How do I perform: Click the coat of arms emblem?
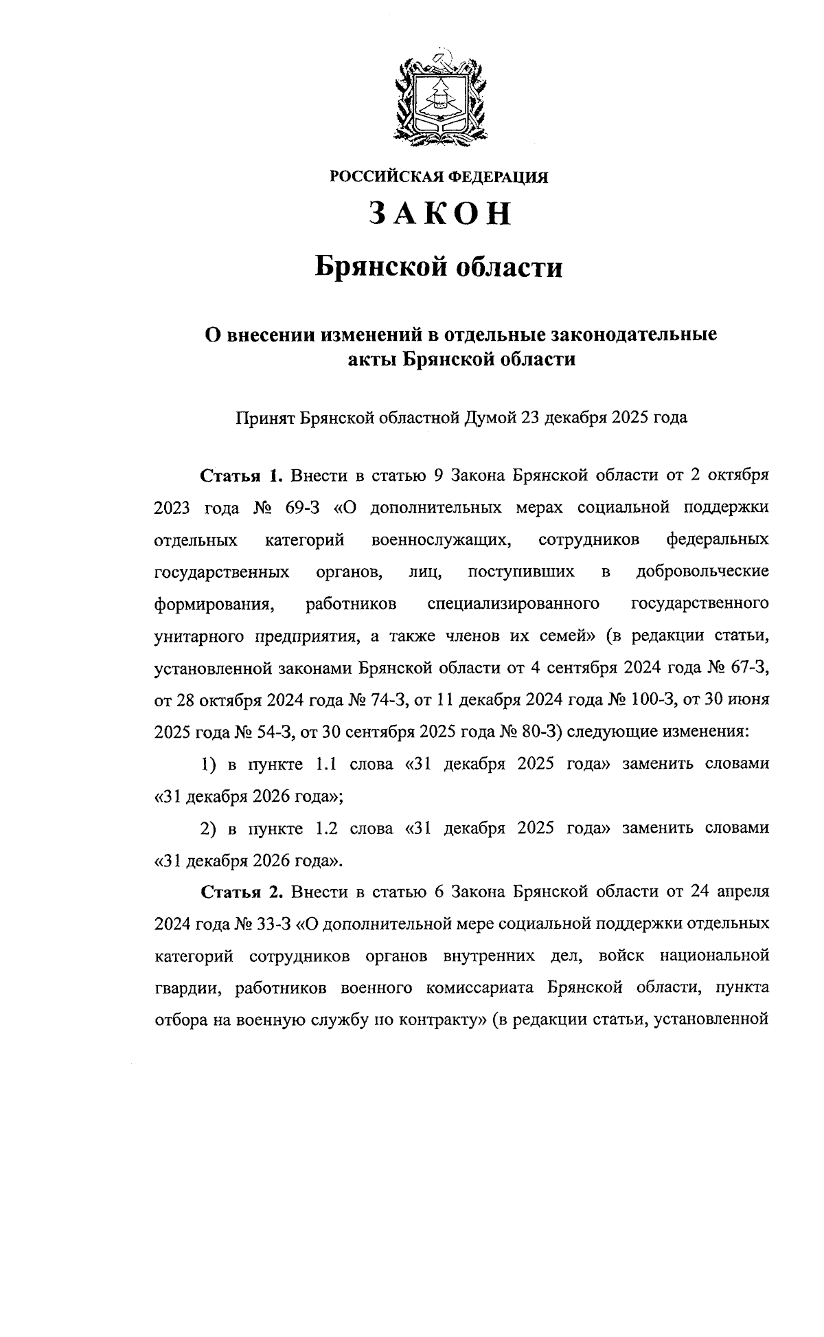coord(440,95)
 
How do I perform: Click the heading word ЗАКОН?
coord(440,214)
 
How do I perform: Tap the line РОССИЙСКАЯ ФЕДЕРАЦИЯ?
coord(439,177)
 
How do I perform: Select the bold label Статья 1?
coord(241,475)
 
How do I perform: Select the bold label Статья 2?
coord(241,892)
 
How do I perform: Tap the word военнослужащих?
coord(441,539)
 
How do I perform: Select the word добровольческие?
coord(702,572)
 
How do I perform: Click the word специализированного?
coord(514,604)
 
